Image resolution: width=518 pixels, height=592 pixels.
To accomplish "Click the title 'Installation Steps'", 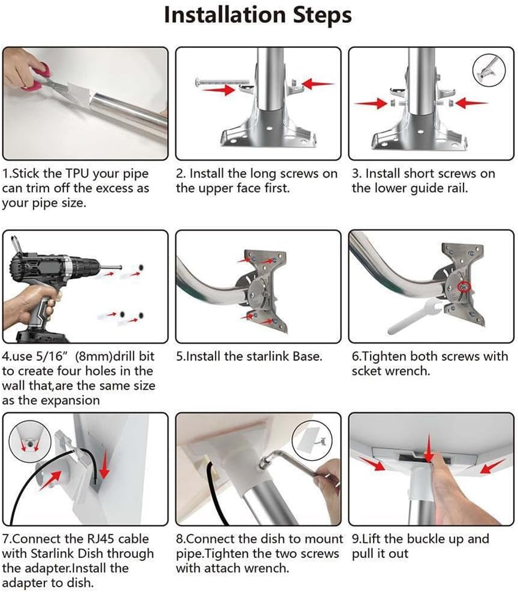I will [258, 16].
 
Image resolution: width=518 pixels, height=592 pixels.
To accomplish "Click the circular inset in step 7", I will [27, 441].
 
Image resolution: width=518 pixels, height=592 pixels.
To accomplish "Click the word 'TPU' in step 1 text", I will [74, 174].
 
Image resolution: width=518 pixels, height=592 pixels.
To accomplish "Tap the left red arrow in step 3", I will [369, 104].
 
